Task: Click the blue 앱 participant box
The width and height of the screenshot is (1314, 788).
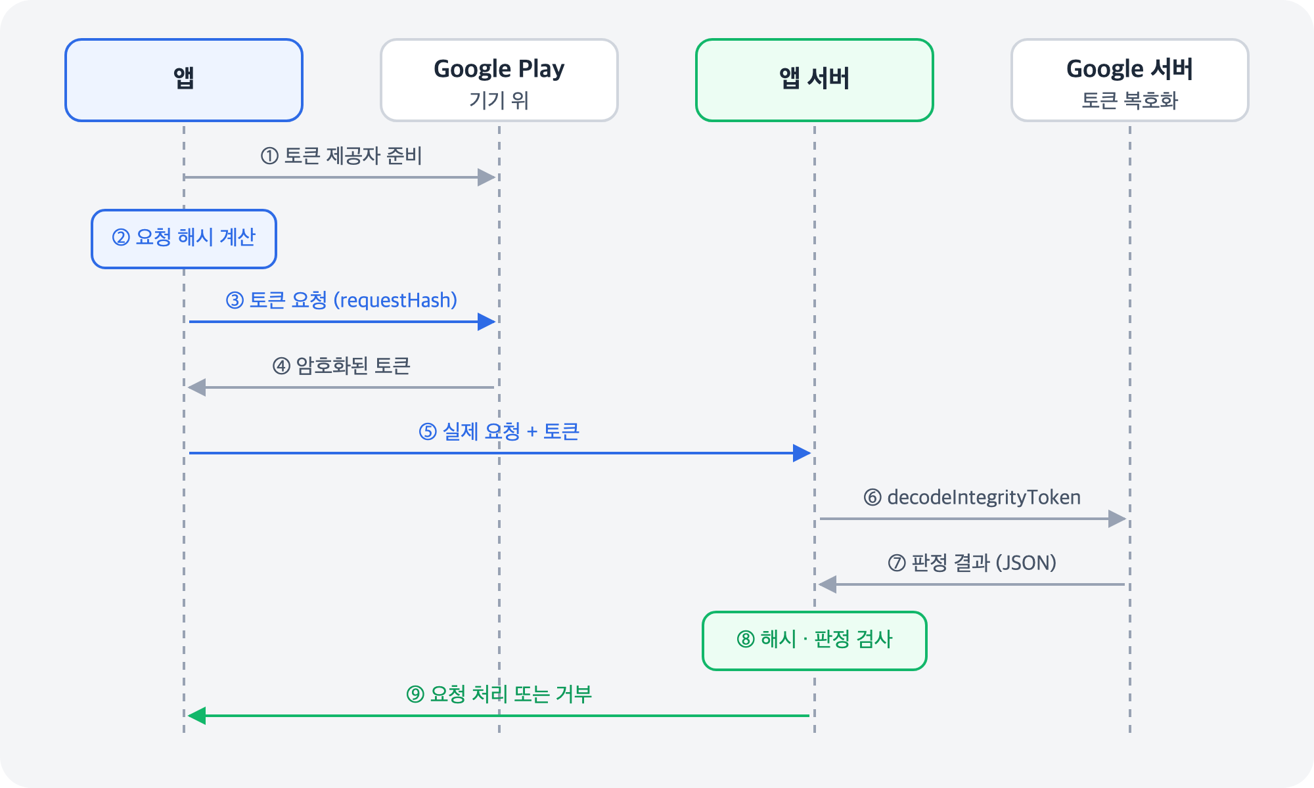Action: click(184, 80)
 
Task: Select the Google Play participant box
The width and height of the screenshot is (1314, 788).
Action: click(499, 80)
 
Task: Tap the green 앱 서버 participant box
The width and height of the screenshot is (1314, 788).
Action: click(815, 80)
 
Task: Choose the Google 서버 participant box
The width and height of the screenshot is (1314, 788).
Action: click(1130, 80)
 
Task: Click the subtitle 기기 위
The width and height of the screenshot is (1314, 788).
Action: click(499, 100)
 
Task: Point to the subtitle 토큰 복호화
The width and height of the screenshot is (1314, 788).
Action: click(1130, 100)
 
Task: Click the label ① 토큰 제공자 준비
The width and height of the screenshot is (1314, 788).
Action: click(342, 156)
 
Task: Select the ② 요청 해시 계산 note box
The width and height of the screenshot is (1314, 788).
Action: click(184, 239)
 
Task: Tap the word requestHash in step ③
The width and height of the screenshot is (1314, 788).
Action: click(396, 301)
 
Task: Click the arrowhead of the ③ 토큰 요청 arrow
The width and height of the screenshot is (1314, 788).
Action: click(487, 322)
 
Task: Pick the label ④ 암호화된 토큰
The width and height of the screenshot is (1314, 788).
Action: click(342, 366)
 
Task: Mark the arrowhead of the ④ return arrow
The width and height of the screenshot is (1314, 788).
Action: click(196, 387)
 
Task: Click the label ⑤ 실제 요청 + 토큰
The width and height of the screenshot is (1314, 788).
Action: click(499, 431)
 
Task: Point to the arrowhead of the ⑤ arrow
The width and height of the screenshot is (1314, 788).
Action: click(802, 453)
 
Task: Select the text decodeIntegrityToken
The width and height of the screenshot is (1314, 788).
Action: click(984, 497)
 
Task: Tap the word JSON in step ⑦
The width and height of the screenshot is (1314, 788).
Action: click(1026, 563)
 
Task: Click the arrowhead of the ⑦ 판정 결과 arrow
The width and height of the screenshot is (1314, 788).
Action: click(827, 584)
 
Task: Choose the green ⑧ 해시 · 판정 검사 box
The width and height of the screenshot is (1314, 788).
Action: click(815, 641)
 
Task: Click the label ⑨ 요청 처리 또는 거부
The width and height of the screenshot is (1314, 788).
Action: click(499, 694)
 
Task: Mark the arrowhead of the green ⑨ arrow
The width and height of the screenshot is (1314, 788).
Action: click(196, 716)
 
